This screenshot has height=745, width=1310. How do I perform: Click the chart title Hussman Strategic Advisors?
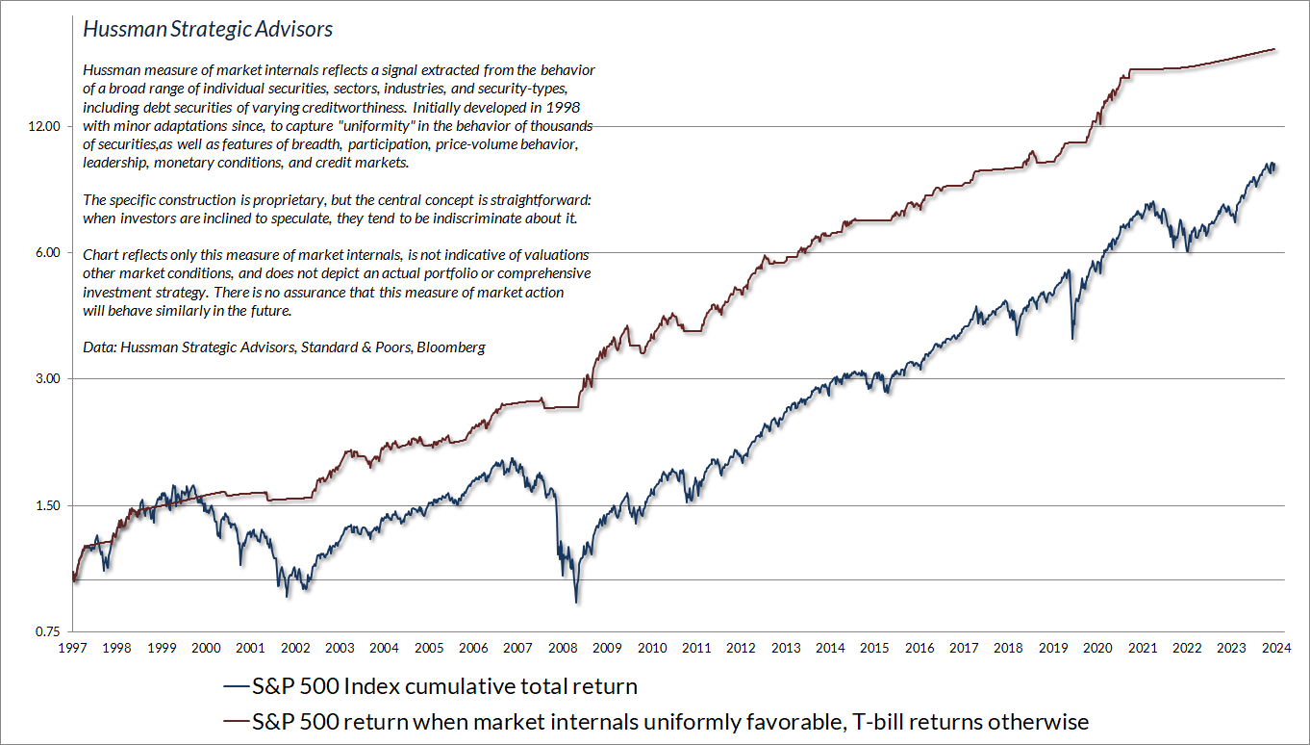pyautogui.click(x=208, y=30)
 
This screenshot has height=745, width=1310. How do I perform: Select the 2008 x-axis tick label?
pyautogui.click(x=563, y=650)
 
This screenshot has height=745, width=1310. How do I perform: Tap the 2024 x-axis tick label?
pyautogui.click(x=1276, y=650)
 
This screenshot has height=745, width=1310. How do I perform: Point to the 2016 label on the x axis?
pyautogui.click(x=920, y=650)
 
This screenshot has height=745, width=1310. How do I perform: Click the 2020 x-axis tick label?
pyautogui.click(x=1097, y=650)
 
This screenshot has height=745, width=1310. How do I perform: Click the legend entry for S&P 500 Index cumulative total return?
pyautogui.click(x=444, y=687)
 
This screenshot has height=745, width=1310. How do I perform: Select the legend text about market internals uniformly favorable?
pyautogui.click(x=670, y=722)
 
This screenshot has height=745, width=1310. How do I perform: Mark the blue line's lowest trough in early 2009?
pyautogui.click(x=576, y=602)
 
